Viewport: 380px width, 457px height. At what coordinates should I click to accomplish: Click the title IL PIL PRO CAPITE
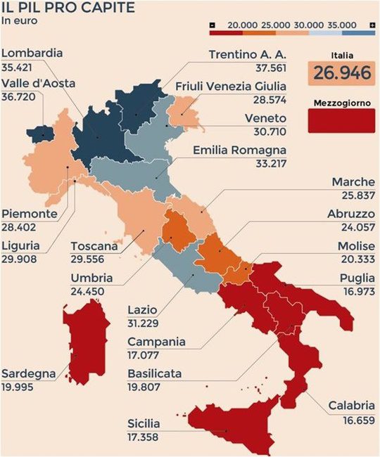pyautogui.click(x=58, y=8)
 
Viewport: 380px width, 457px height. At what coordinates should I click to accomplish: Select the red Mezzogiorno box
pyautogui.click(x=341, y=120)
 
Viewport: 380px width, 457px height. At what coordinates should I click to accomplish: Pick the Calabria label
pyautogui.click(x=352, y=406)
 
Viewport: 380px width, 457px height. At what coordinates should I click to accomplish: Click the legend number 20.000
pyautogui.click(x=243, y=25)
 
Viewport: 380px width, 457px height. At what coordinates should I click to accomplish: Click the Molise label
pyautogui.click(x=356, y=247)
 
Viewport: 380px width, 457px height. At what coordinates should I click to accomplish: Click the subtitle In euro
pyautogui.click(x=20, y=20)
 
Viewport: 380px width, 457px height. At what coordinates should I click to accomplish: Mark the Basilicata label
pyautogui.click(x=155, y=373)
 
